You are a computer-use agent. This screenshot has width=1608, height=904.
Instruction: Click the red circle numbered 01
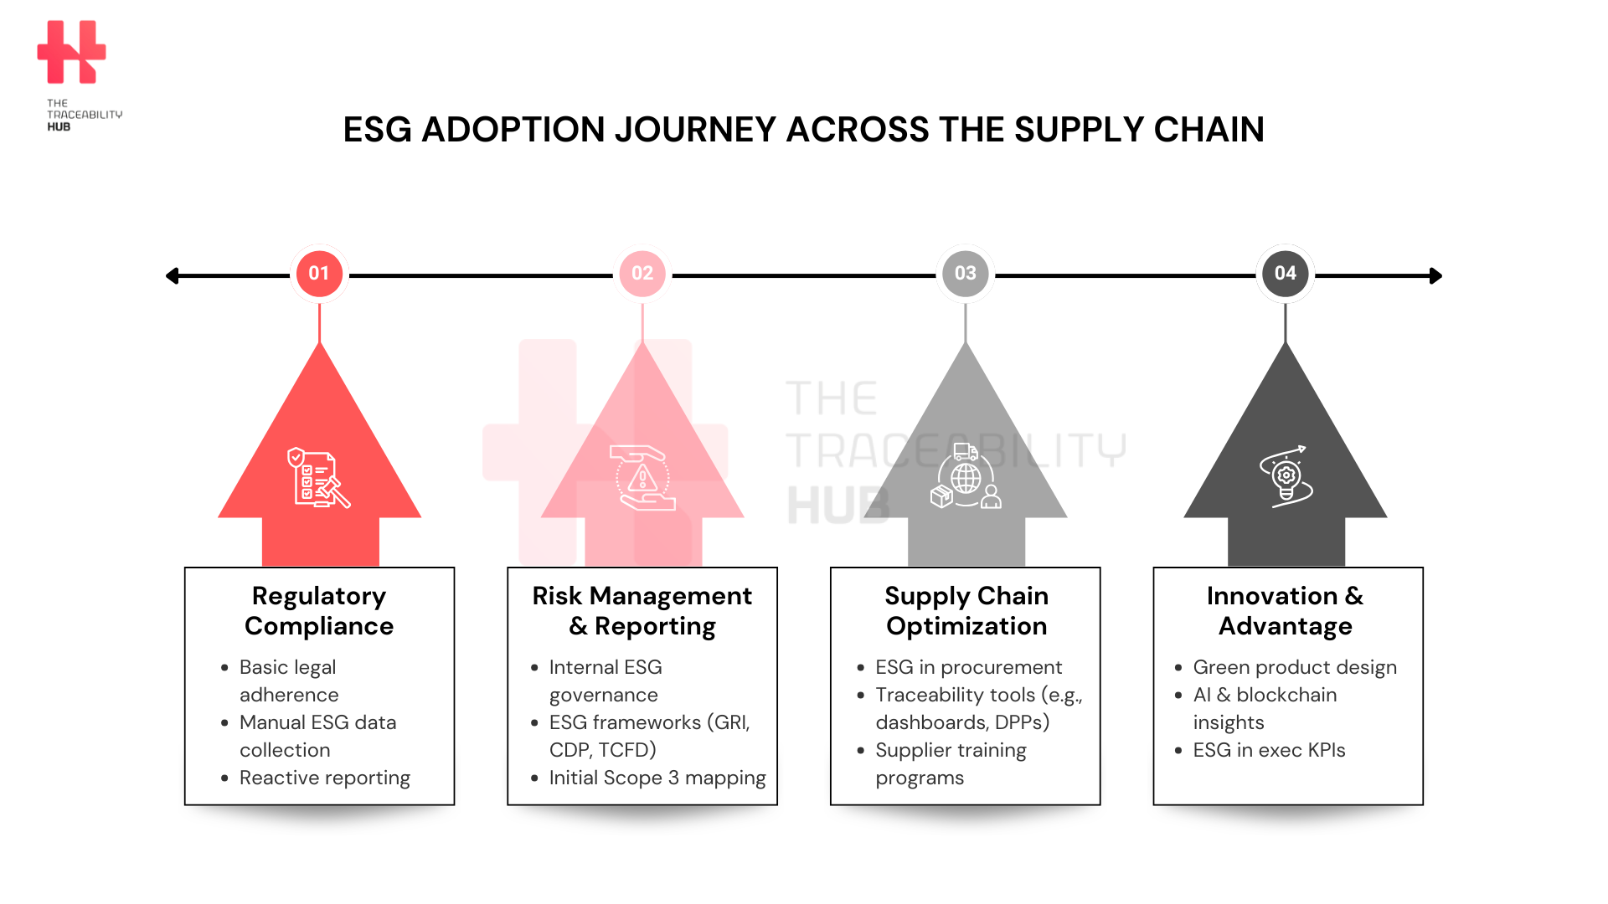point(319,274)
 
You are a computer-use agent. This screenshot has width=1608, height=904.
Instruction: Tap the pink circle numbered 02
point(642,274)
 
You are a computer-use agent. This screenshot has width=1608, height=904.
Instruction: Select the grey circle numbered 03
point(966,274)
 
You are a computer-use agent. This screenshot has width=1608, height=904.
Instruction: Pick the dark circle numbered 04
point(1286,274)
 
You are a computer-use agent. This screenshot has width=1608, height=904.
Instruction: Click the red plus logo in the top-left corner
point(72,52)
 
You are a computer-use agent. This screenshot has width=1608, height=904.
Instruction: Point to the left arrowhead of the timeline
point(172,275)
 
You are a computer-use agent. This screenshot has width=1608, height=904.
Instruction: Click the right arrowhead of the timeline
point(1435,275)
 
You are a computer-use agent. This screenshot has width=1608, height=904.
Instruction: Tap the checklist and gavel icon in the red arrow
point(318,477)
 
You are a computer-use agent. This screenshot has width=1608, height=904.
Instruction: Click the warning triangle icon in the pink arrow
point(642,478)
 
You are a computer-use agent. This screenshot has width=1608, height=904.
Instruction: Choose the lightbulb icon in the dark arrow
point(1286,476)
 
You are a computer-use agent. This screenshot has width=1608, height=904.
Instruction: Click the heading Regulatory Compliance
point(319,611)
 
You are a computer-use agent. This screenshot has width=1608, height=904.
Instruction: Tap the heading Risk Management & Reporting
point(642,611)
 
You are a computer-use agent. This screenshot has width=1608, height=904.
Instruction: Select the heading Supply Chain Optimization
point(966,611)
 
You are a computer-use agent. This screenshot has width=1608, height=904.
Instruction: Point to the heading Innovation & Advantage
point(1286,611)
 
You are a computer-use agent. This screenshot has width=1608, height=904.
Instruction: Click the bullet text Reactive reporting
point(325,778)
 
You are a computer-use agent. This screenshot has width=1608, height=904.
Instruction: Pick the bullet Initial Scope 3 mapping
point(657,778)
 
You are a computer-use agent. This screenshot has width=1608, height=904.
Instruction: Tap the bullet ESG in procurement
point(969,667)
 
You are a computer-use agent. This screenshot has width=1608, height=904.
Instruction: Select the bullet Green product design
point(1295,667)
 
